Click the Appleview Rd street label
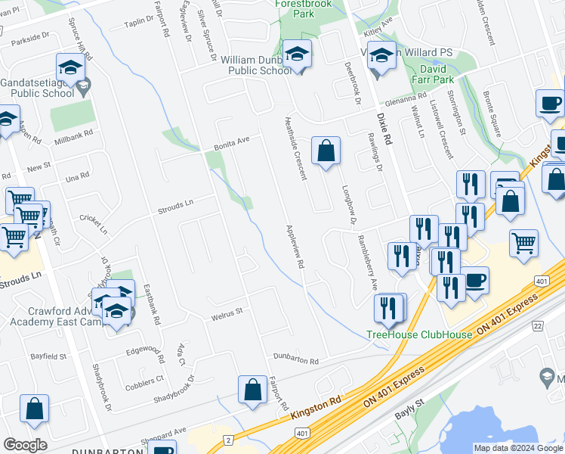coord(294,247)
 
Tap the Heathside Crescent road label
coord(295,148)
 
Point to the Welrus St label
coord(226,310)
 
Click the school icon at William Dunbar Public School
coord(298,55)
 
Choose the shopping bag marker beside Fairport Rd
coord(252,390)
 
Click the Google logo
coord(25,445)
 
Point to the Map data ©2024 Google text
coord(517,448)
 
